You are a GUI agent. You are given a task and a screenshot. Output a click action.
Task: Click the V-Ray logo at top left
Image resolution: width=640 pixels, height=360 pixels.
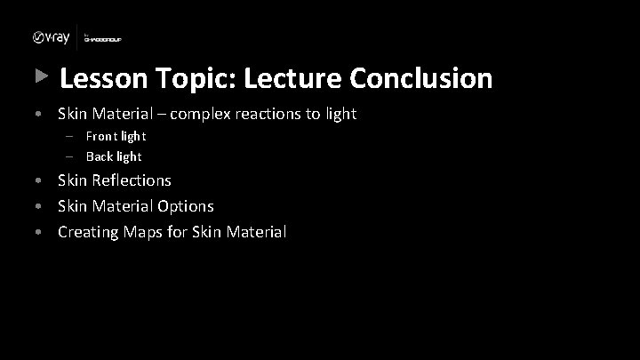[x=52, y=37]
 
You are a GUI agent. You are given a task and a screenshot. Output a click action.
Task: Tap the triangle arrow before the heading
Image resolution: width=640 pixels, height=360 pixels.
[x=39, y=77]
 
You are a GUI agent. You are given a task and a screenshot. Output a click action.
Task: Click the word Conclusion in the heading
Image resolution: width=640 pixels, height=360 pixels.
[x=420, y=79]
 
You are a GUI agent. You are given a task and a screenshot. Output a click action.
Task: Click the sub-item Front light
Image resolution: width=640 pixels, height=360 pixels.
[x=116, y=136]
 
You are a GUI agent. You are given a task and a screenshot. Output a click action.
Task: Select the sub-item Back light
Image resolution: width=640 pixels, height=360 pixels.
[x=114, y=156]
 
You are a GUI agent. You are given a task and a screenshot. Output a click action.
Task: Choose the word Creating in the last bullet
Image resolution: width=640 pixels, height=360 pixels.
[x=89, y=232]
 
